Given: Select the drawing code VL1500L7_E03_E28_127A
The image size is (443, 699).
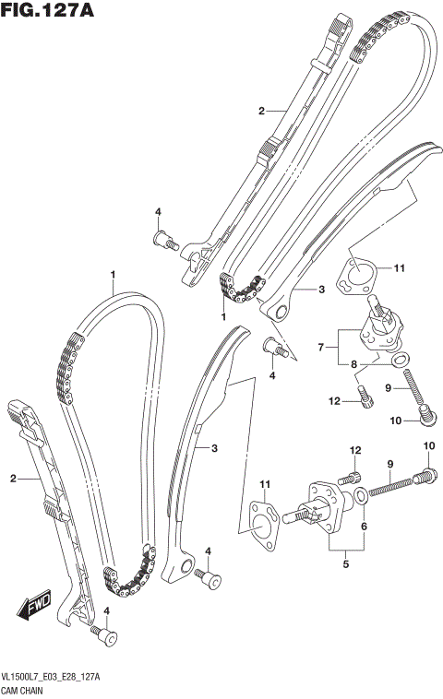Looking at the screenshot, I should click(52, 676).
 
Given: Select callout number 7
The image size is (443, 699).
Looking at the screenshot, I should click(321, 349).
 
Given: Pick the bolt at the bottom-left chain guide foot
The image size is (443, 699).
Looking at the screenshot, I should click(108, 638).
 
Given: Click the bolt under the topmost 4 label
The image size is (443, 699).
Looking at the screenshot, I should click(165, 242).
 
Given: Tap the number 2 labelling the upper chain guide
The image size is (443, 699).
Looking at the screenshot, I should click(261, 111).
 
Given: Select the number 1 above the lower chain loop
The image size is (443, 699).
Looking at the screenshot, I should click(113, 274).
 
